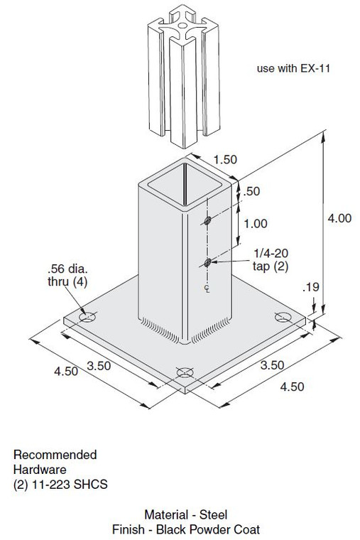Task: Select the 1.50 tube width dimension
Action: pyautogui.click(x=225, y=160)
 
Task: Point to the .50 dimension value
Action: pyautogui.click(x=252, y=191)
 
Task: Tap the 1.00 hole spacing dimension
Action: pyautogui.click(x=255, y=223)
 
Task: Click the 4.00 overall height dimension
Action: pyautogui.click(x=339, y=219)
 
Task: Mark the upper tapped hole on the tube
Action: pyautogui.click(x=207, y=221)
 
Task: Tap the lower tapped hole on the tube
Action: pyautogui.click(x=207, y=263)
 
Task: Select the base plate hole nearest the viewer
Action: pyautogui.click(x=184, y=372)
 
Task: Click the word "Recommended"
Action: pyautogui.click(x=55, y=455)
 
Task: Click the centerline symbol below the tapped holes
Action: pyautogui.click(x=206, y=288)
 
